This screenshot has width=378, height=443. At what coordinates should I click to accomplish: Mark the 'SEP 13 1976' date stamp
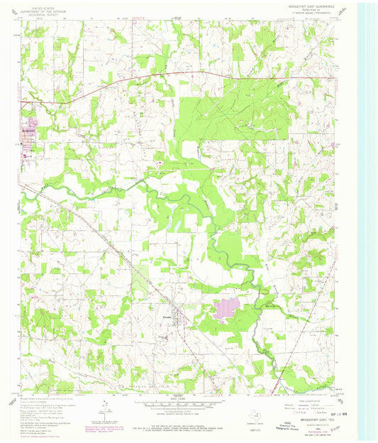pos(326,411)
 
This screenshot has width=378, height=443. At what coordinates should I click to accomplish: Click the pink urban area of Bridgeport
pos(28,138)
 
